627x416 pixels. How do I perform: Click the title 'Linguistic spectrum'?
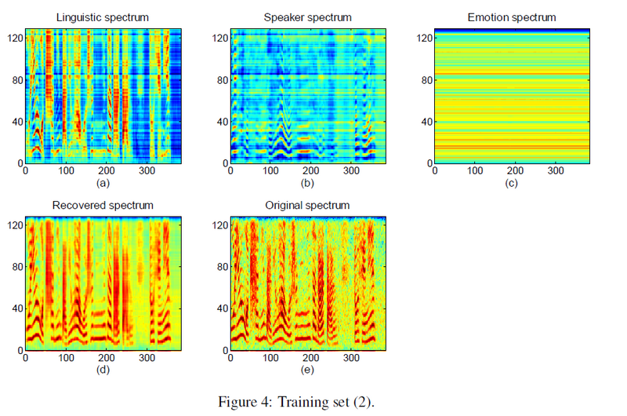click(103, 17)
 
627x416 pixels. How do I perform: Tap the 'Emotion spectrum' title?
click(511, 17)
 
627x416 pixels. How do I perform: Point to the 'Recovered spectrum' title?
click(103, 206)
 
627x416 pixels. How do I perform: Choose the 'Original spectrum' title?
click(308, 206)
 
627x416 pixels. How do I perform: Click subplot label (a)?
click(103, 183)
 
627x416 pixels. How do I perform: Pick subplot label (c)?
click(511, 183)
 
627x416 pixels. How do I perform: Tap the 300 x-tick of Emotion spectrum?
click(555, 170)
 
